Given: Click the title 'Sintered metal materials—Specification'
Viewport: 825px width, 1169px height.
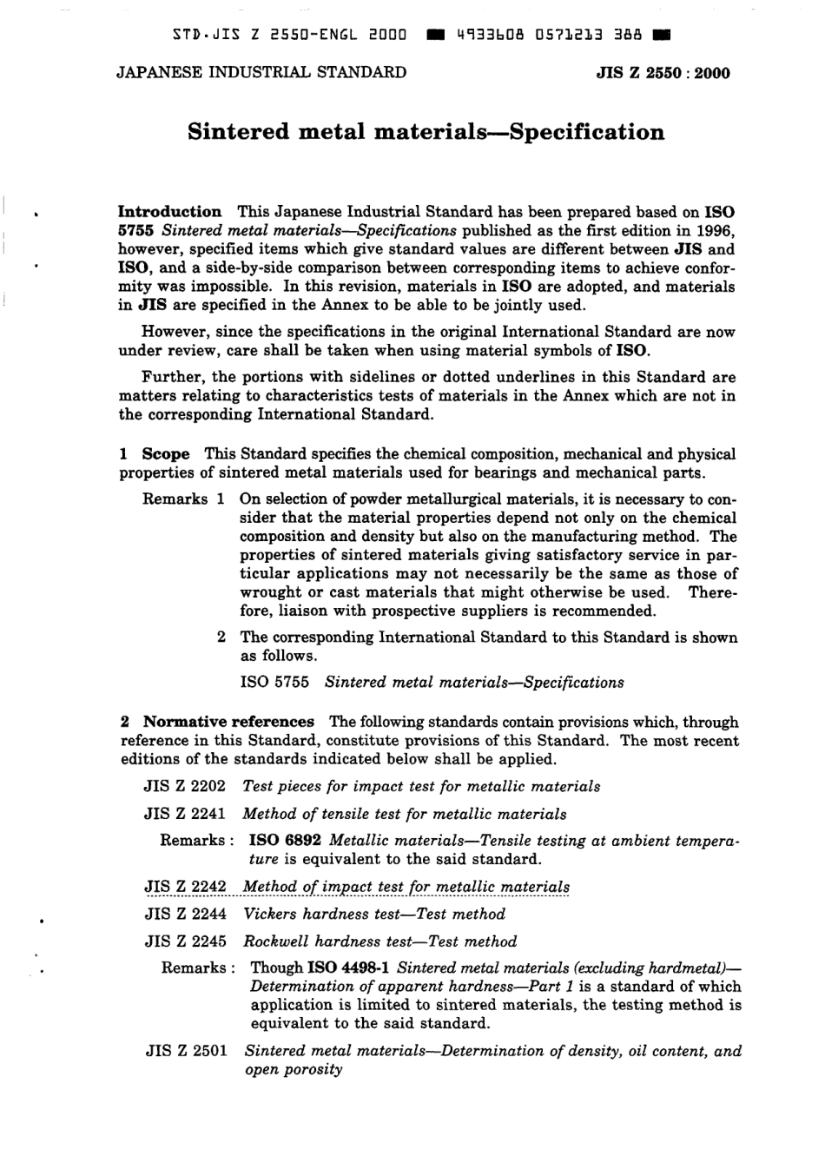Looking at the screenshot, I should tap(426, 132).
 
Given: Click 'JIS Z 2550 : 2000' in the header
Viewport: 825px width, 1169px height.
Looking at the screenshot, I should tap(663, 73).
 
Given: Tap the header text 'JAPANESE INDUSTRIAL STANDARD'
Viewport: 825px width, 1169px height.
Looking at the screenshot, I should tap(261, 72).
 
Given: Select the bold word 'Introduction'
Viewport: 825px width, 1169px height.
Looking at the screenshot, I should tap(169, 211).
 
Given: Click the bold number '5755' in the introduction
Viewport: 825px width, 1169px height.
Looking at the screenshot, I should tap(136, 230).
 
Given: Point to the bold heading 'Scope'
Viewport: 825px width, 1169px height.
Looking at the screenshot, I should tap(165, 453).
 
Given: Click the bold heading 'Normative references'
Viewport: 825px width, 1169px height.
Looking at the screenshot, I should tap(228, 722).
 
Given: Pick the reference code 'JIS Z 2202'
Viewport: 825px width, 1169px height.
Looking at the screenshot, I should tap(185, 786).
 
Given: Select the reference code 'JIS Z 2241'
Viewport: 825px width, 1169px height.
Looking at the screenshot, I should tap(185, 814).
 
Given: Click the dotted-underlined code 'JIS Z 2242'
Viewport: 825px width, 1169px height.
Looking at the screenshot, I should tap(185, 886).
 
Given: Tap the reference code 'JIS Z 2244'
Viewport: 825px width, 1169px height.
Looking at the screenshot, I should tap(185, 914).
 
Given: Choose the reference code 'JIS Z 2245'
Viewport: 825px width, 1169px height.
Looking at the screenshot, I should tap(185, 941).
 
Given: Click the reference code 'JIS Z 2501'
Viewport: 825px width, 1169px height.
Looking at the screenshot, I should tap(186, 1051).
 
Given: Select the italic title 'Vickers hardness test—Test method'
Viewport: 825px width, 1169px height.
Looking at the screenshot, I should tap(374, 914).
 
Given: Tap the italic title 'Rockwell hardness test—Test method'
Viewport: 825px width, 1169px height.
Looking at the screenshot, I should tap(379, 941).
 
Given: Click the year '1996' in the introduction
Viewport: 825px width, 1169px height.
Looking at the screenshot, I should tap(715, 230).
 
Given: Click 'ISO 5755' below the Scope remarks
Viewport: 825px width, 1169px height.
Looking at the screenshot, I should tap(274, 682).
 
